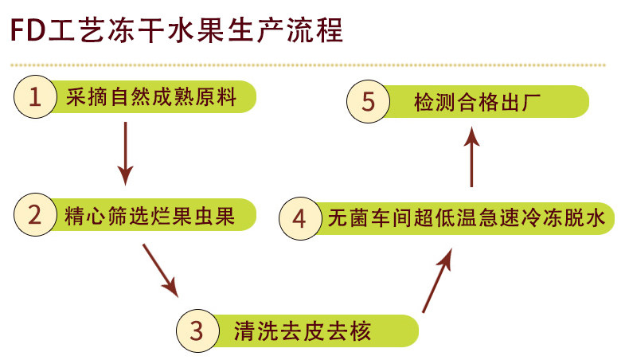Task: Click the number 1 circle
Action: click(x=34, y=97)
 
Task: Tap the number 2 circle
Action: click(x=34, y=216)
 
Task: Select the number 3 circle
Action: click(x=198, y=328)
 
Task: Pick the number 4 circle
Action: click(x=299, y=217)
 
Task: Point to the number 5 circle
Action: click(x=366, y=103)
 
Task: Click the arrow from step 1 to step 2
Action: click(x=125, y=151)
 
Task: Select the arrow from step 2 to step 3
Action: click(x=159, y=269)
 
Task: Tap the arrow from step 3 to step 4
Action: click(x=437, y=279)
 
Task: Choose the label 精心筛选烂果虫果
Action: click(x=150, y=216)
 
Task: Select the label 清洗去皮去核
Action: click(x=303, y=329)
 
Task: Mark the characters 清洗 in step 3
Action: click(x=256, y=329)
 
